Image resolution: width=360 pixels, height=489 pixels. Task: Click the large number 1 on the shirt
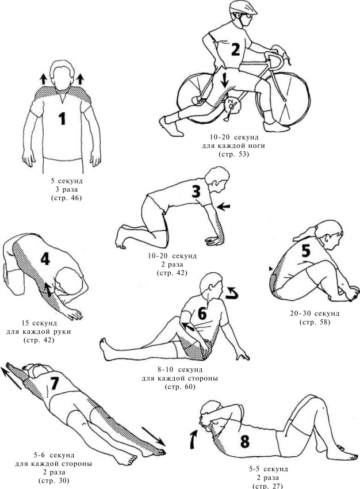click(63, 119)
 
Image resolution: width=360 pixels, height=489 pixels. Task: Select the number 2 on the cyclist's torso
click(235, 50)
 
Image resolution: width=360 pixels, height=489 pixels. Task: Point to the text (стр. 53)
click(233, 154)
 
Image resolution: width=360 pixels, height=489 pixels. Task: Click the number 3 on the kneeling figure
click(196, 192)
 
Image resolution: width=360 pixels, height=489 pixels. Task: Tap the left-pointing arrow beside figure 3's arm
click(224, 206)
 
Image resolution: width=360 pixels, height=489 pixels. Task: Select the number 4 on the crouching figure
click(45, 258)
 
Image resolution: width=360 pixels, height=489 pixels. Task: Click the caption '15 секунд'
click(39, 323)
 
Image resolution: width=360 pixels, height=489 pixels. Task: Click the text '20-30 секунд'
click(315, 313)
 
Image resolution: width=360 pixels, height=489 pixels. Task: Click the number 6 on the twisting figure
click(202, 314)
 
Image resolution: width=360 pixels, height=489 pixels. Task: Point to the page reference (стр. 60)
click(180, 387)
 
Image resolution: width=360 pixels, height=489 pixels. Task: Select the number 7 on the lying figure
click(54, 383)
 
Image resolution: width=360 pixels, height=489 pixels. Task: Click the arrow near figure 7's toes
click(154, 436)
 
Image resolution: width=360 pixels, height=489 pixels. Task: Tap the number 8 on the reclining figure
click(244, 441)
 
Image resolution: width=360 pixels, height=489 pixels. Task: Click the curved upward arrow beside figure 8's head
click(194, 439)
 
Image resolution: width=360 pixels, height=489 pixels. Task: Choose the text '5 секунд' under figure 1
click(67, 181)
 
